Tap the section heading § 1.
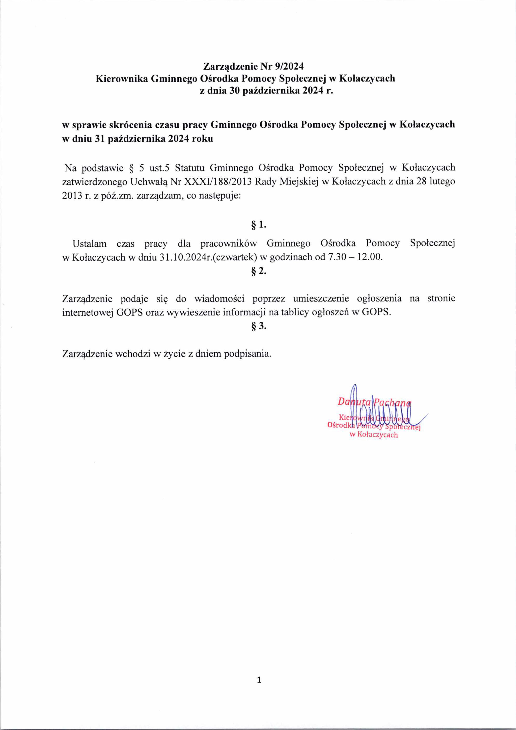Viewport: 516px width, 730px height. pyautogui.click(x=258, y=225)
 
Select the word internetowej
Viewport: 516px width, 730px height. pyautogui.click(x=87, y=312)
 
